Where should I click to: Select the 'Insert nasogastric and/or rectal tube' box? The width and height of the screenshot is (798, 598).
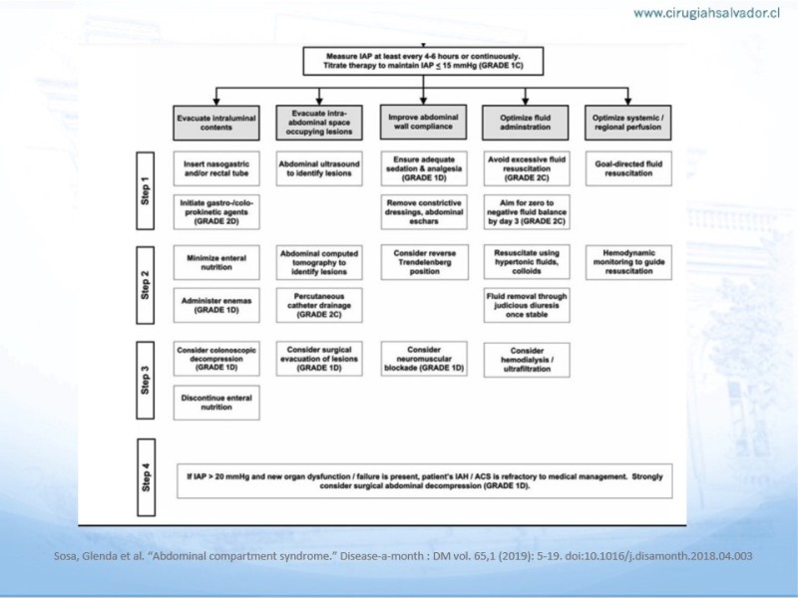pos(216,166)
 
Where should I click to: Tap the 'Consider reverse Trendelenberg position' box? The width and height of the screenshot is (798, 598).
pos(424,260)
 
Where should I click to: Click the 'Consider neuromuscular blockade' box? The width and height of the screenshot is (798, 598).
pos(424,358)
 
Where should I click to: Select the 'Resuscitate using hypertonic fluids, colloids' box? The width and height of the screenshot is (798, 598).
pos(527,260)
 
